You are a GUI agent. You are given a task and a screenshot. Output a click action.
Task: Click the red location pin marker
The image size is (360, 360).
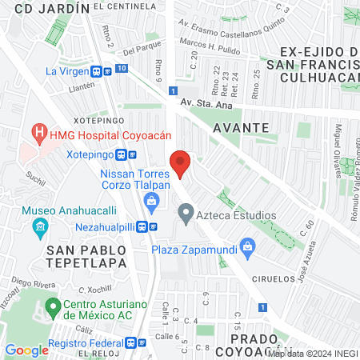pos(181,162)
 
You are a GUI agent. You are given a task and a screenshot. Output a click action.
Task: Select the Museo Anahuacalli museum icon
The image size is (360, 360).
pos(39,230)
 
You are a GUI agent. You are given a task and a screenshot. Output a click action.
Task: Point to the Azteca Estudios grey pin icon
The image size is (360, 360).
pos(186,214)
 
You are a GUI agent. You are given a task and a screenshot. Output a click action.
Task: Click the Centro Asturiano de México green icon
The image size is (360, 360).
pos(54,305)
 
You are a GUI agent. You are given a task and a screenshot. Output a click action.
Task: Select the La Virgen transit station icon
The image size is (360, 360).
pos(97,70)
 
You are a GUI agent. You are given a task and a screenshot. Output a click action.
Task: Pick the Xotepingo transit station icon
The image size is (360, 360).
pos(121,154)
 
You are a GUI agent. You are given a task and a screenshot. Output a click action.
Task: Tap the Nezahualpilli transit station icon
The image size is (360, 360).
pos(143,226)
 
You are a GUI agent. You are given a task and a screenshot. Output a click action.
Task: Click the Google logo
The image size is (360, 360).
pos(26,350)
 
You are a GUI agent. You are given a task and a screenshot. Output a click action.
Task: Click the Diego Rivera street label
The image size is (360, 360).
pos(31,283)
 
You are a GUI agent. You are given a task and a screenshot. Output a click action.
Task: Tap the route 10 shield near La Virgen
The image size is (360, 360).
pos(120,70)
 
